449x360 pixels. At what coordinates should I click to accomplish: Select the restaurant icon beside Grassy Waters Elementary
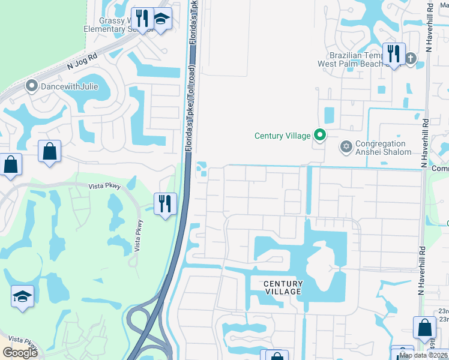[x=142, y=19]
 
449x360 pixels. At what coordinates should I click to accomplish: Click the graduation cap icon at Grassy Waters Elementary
[x=161, y=19]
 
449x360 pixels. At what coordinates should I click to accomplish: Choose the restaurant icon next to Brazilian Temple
[x=394, y=54]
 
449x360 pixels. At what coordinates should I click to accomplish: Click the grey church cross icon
[x=411, y=58]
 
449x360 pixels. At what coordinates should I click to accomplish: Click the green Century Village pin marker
[x=320, y=136]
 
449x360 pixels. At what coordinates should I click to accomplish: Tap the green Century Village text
[x=282, y=136]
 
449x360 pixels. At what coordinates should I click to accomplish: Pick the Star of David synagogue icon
[x=345, y=147]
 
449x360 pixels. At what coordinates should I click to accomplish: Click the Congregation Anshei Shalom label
[x=383, y=148]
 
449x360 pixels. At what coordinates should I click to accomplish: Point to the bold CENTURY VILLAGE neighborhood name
[x=282, y=287]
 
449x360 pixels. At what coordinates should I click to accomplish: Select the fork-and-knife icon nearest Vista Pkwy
[x=164, y=203]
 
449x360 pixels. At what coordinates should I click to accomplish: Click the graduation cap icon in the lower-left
[x=22, y=296]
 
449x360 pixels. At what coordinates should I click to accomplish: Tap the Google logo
[x=20, y=353]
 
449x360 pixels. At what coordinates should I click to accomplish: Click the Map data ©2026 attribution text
[x=423, y=355]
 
